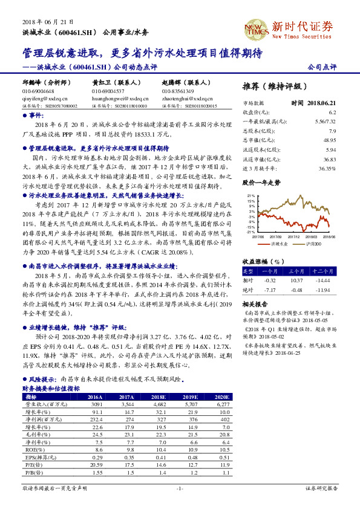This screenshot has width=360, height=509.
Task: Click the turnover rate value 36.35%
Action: click(327, 168)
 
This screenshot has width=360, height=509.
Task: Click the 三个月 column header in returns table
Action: click(296, 271)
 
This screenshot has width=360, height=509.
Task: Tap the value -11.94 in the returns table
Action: click(327, 290)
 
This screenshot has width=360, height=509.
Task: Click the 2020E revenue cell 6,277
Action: click(225, 404)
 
